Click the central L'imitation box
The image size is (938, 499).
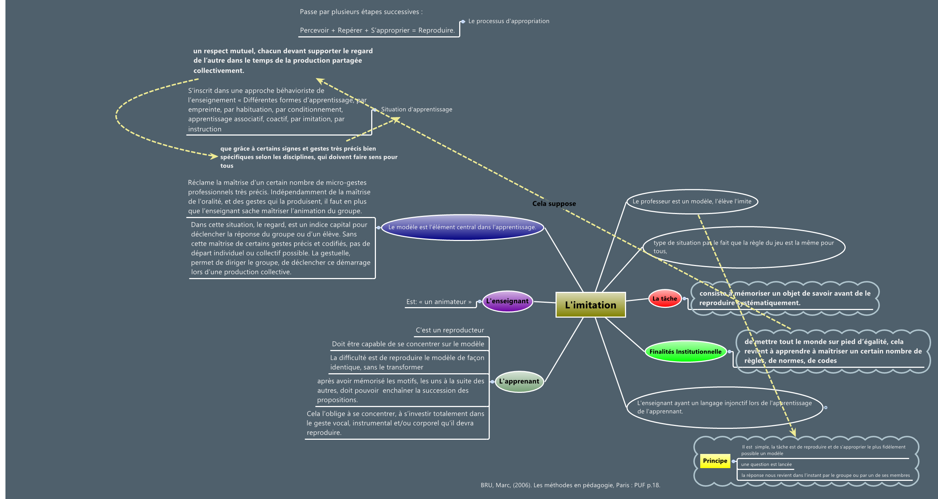point(590,305)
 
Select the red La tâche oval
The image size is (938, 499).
point(665,298)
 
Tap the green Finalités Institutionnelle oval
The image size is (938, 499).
point(685,351)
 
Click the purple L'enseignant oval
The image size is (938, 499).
point(507,301)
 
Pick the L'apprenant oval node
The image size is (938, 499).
point(519,382)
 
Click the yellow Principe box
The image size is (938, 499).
point(715,461)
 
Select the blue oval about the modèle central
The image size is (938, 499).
point(462,227)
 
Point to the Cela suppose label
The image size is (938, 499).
point(554,204)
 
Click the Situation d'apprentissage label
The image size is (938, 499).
point(416,109)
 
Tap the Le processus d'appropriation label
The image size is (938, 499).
point(508,21)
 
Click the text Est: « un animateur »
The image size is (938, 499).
point(439,302)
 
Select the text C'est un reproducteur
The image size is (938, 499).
point(450,330)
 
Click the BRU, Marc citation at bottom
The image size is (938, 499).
point(570,485)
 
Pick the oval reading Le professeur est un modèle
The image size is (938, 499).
point(692,201)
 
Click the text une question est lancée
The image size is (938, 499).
point(766,464)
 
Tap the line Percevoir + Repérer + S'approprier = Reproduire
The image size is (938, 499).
point(377,30)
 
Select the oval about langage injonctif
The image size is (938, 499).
point(724,407)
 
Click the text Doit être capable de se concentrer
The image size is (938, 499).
point(408,344)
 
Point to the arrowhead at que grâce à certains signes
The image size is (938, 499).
point(214,156)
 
